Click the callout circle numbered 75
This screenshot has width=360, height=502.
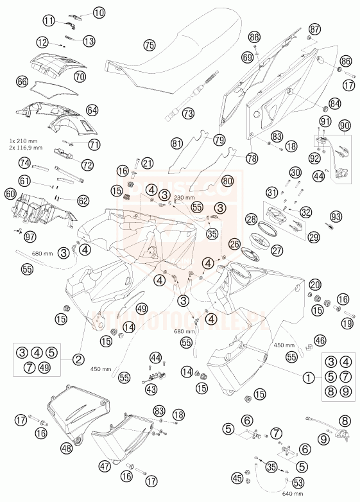150,46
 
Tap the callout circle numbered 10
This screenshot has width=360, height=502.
98,12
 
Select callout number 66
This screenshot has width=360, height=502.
22,82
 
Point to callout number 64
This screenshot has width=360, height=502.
92,110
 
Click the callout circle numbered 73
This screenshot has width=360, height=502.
188,114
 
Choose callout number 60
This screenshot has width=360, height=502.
10,193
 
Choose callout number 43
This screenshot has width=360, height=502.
151,388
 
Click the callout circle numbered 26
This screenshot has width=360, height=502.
235,243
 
